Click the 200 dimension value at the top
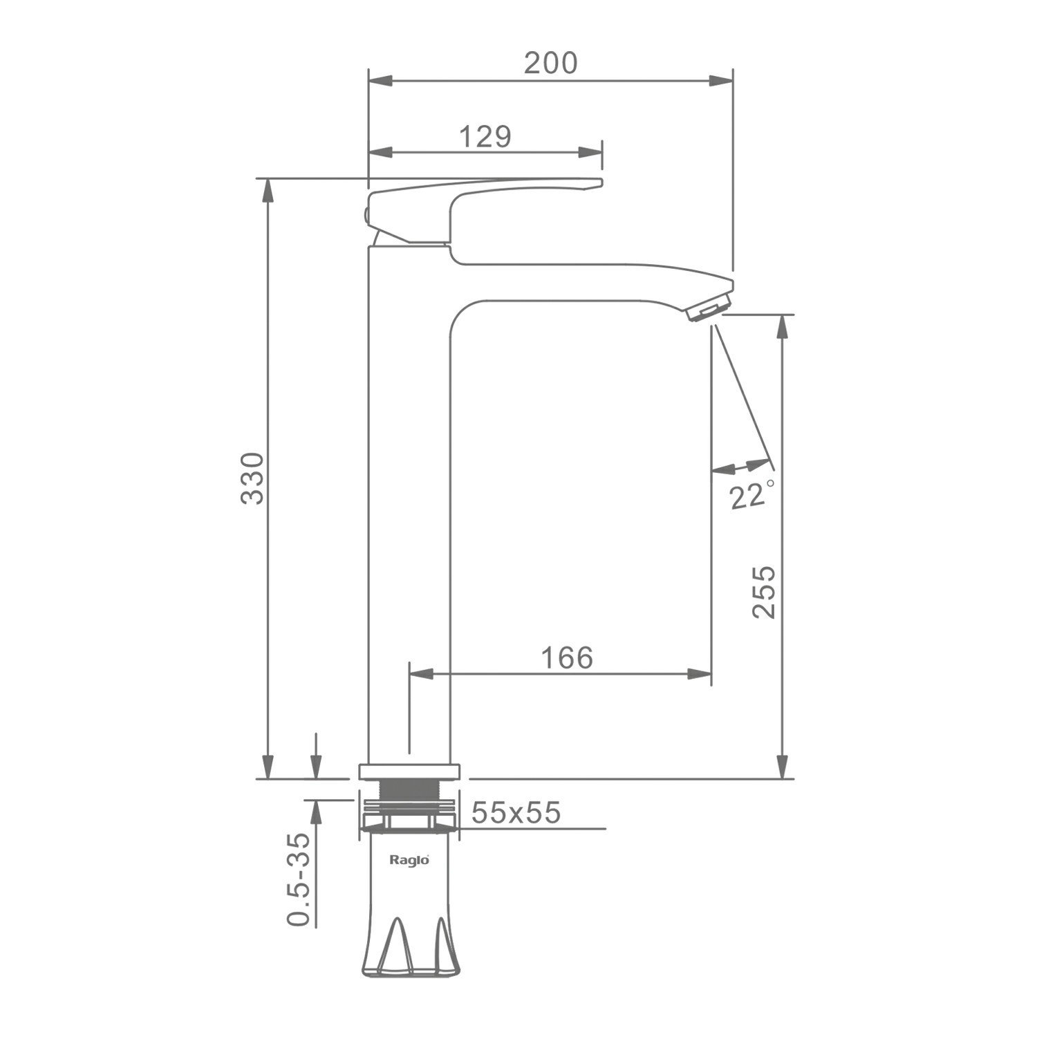pos(550,63)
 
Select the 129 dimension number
pos(485,137)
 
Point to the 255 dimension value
pos(764,592)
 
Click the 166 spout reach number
pos(567,657)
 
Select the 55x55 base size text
pos(516,813)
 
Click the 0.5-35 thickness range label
pos(298,879)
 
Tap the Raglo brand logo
pos(409,860)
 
